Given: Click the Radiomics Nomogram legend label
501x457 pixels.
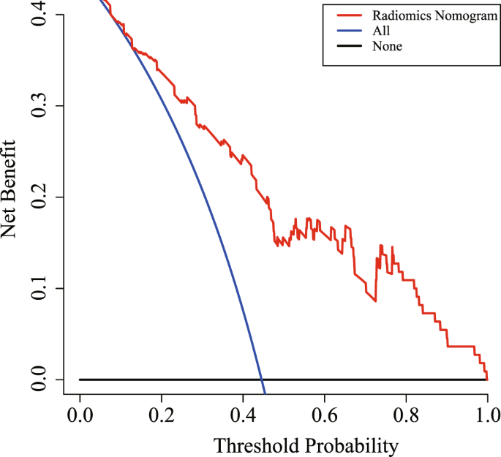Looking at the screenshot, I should click(x=424, y=15).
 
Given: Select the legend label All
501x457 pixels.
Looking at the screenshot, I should click(x=381, y=31).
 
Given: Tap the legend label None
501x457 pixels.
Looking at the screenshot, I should click(x=387, y=46).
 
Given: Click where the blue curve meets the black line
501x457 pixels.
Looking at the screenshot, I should click(x=263, y=379).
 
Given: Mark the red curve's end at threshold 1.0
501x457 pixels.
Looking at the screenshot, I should click(x=487, y=379).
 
